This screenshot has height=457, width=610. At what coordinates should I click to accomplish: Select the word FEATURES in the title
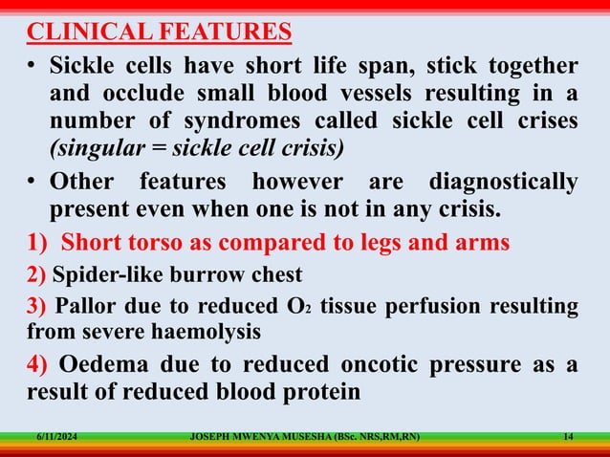(x=229, y=33)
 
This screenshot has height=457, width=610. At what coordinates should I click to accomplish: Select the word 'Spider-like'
(x=105, y=275)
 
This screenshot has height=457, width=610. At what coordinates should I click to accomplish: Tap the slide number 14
(x=569, y=438)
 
